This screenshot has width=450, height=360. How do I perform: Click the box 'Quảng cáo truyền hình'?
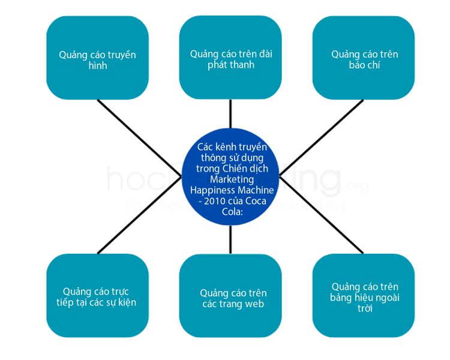point(97,58)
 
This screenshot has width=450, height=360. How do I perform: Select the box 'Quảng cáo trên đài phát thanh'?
point(230,58)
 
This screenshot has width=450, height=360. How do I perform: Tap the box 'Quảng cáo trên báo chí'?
point(364,58)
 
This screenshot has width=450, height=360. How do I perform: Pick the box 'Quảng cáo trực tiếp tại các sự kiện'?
point(97,295)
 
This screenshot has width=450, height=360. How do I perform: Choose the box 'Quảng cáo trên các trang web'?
point(230,295)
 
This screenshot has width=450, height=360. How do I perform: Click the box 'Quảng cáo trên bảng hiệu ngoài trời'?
point(364,295)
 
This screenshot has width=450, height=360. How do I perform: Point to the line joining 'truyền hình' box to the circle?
point(141,132)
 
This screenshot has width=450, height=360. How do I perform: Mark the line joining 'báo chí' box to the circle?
point(321,132)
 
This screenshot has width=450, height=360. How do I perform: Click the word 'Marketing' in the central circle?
point(232,179)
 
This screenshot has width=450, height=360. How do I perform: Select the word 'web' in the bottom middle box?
point(255,304)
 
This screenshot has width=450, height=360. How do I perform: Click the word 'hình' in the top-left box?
point(97,65)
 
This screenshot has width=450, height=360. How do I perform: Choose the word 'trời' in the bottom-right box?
point(364,308)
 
